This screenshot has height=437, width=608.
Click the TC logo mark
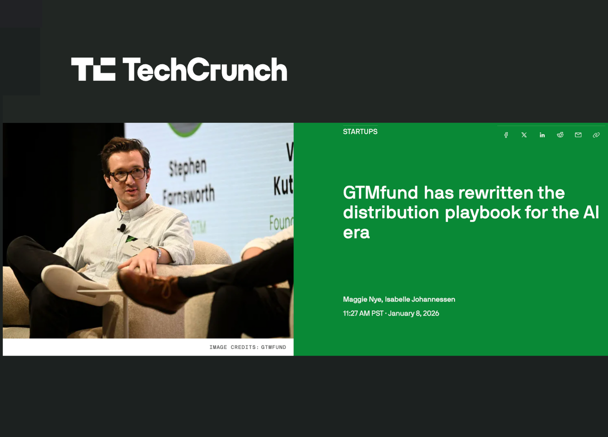tap(93, 69)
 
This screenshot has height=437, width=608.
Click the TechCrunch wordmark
tap(205, 69)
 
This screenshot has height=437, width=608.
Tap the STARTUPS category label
tap(360, 132)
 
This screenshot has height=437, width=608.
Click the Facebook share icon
tap(506, 135)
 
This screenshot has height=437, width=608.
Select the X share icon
tap(524, 135)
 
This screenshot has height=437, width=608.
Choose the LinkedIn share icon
tap(542, 135)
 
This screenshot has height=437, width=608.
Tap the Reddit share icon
tap(560, 135)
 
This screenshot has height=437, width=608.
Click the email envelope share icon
tap(578, 135)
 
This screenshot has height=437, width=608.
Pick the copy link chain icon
tap(596, 135)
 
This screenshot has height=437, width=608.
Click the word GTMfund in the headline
tap(380, 193)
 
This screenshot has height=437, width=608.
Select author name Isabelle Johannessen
tap(420, 299)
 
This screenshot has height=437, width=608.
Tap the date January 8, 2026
tap(413, 314)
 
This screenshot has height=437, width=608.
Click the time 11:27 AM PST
tap(363, 314)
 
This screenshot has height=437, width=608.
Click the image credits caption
tap(248, 347)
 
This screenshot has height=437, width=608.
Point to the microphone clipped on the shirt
tap(122, 228)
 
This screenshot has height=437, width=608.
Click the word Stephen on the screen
tap(187, 168)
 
